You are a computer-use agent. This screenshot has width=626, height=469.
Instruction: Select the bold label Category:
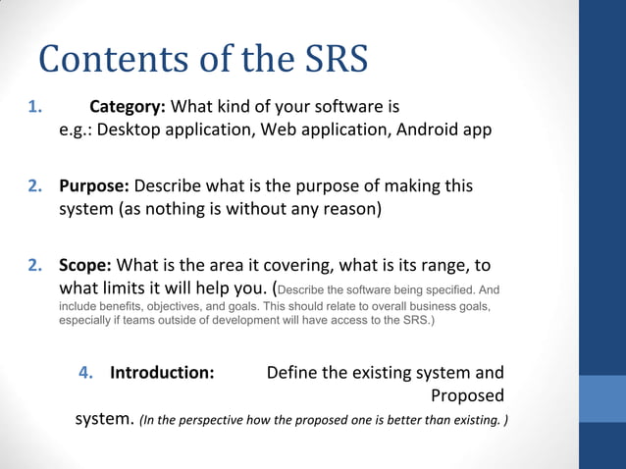[130, 106]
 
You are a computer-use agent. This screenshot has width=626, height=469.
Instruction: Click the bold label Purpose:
[94, 185]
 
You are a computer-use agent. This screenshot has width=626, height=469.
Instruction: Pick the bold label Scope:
[85, 266]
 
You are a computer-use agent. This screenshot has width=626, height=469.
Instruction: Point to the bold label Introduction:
[162, 373]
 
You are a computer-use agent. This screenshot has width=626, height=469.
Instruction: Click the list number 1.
[34, 106]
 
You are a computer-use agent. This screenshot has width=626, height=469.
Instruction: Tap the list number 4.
[85, 373]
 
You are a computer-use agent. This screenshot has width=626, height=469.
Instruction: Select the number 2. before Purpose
[34, 185]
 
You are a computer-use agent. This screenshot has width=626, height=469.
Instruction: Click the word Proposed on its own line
[467, 396]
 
